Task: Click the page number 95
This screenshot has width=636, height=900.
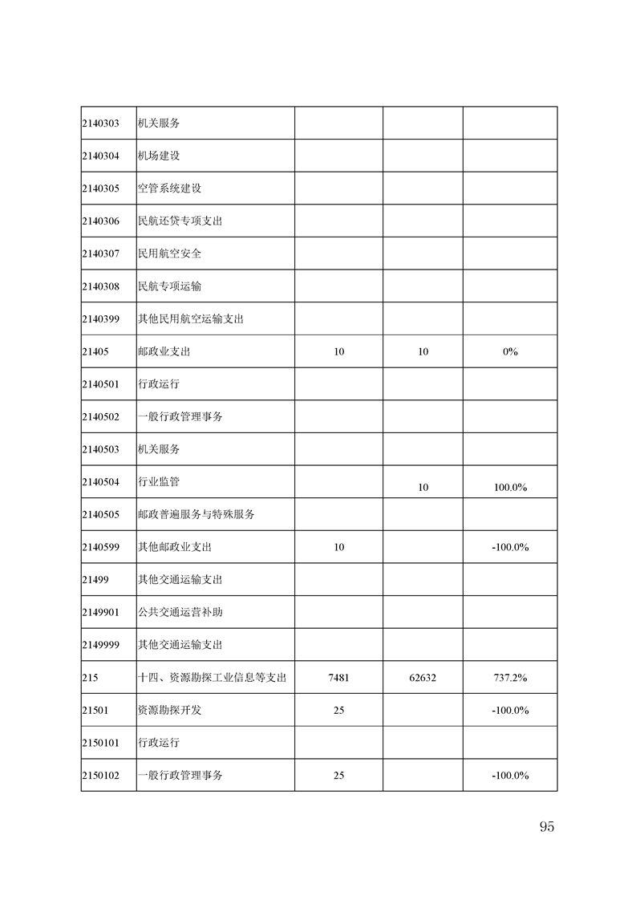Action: (547, 827)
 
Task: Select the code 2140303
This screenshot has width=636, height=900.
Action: (100, 124)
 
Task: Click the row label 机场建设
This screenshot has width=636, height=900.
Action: (159, 156)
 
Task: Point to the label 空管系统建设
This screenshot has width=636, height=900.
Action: (169, 189)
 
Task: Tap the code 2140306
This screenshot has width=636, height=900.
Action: (100, 221)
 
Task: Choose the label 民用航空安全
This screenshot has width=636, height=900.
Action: (169, 253)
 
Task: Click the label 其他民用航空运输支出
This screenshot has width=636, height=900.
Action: (191, 318)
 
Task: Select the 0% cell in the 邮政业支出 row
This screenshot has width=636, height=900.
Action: (510, 351)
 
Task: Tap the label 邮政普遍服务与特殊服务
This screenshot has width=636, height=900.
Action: (196, 514)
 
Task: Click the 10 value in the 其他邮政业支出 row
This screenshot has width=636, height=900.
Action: (338, 547)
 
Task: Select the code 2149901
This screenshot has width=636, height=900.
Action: (100, 612)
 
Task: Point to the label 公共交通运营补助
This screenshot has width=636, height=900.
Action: (180, 612)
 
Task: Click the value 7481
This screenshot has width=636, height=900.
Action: (338, 678)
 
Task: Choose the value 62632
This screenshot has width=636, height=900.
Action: (423, 678)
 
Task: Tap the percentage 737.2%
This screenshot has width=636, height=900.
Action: (510, 678)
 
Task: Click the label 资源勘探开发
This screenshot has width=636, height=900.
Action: (164, 710)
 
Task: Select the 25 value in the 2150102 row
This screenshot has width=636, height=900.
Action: (338, 776)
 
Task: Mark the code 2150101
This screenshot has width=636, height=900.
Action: (100, 743)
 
